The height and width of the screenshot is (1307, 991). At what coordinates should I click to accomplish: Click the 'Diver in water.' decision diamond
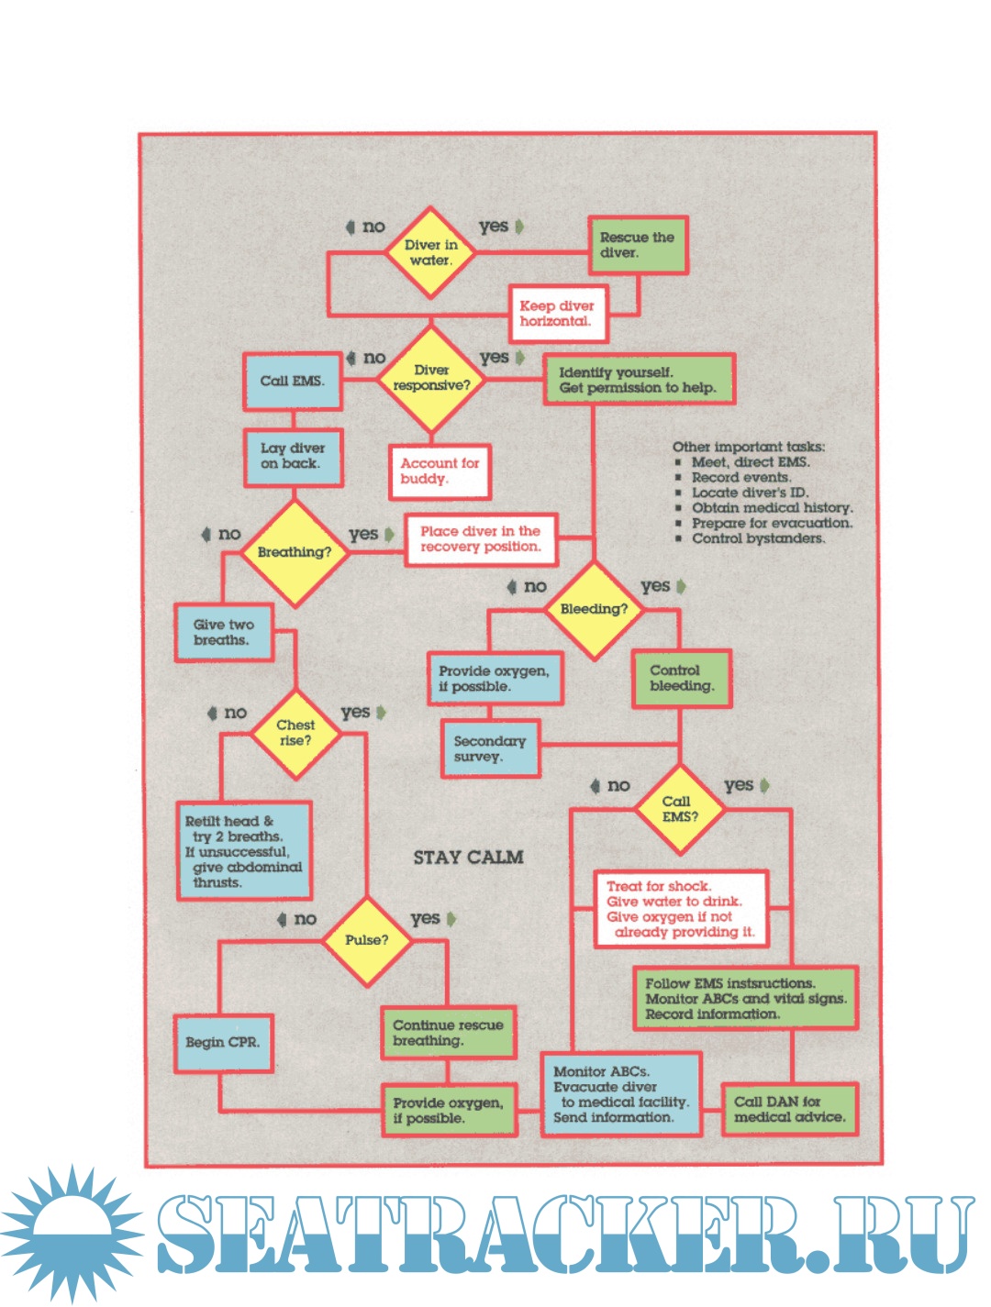[x=429, y=252]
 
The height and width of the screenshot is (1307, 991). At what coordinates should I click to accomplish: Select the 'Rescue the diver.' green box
[x=638, y=245]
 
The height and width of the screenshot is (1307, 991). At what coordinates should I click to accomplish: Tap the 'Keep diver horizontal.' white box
[x=557, y=314]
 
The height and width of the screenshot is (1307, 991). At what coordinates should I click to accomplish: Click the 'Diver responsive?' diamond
[x=430, y=379]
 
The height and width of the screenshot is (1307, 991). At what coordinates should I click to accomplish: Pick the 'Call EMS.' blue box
[x=292, y=382]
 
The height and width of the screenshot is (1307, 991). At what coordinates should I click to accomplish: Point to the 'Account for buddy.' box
[x=440, y=471]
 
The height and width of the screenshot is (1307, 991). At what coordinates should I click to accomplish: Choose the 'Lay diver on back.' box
[x=293, y=457]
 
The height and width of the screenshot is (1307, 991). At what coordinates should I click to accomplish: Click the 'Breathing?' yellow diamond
[x=295, y=552]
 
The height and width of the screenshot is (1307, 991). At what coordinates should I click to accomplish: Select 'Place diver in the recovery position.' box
[x=481, y=539]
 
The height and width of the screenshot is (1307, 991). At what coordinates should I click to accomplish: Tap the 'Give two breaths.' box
[x=224, y=633]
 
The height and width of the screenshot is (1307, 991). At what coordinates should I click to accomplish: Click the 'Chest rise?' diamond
[x=295, y=733]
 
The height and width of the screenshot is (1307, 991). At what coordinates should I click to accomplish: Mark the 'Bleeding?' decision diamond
[x=594, y=609]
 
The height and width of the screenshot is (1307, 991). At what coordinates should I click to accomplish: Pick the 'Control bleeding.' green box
[x=681, y=679]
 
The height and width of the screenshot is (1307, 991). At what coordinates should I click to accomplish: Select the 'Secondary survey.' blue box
[x=490, y=748]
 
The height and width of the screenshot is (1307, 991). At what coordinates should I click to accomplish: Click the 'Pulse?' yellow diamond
[x=367, y=940]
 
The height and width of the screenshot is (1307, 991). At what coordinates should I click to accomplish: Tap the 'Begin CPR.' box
[x=223, y=1043]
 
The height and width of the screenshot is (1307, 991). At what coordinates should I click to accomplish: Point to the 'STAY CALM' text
[x=468, y=858]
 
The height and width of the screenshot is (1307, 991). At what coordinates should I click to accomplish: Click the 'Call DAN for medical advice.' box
[x=789, y=1110]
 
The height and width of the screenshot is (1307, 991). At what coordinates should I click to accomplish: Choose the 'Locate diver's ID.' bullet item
[x=750, y=493]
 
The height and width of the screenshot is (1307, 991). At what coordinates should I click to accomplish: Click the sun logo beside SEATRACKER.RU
[x=72, y=1232]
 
